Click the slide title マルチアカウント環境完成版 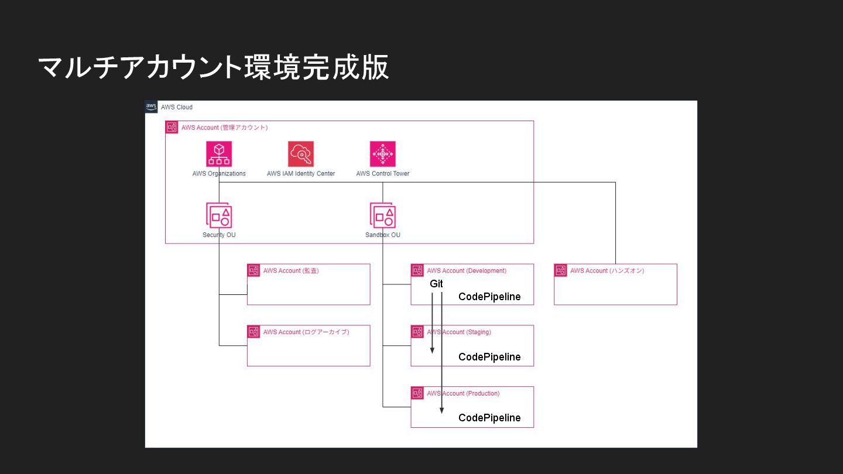214,68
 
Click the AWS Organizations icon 219,154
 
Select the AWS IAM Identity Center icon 301,154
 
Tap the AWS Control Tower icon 383,154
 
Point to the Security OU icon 219,215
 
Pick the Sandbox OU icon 383,215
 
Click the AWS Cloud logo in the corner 151,107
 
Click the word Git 437,283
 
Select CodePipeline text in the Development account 489,297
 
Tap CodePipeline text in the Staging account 489,357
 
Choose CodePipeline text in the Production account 489,418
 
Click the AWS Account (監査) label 291,271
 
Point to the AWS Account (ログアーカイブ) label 306,332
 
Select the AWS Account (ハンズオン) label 607,271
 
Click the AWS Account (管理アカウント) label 224,128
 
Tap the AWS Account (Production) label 463,394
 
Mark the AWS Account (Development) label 467,271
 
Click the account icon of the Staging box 417,332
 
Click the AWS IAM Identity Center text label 301,174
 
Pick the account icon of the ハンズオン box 561,270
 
